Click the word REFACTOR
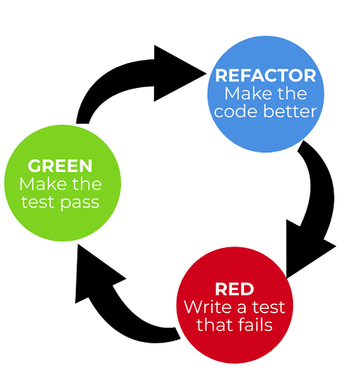coord(265,75)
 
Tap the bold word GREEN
coord(60,165)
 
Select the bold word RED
coord(234,289)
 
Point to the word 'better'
coord(290,111)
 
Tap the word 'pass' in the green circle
coord(80,203)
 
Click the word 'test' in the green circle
coord(38,202)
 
